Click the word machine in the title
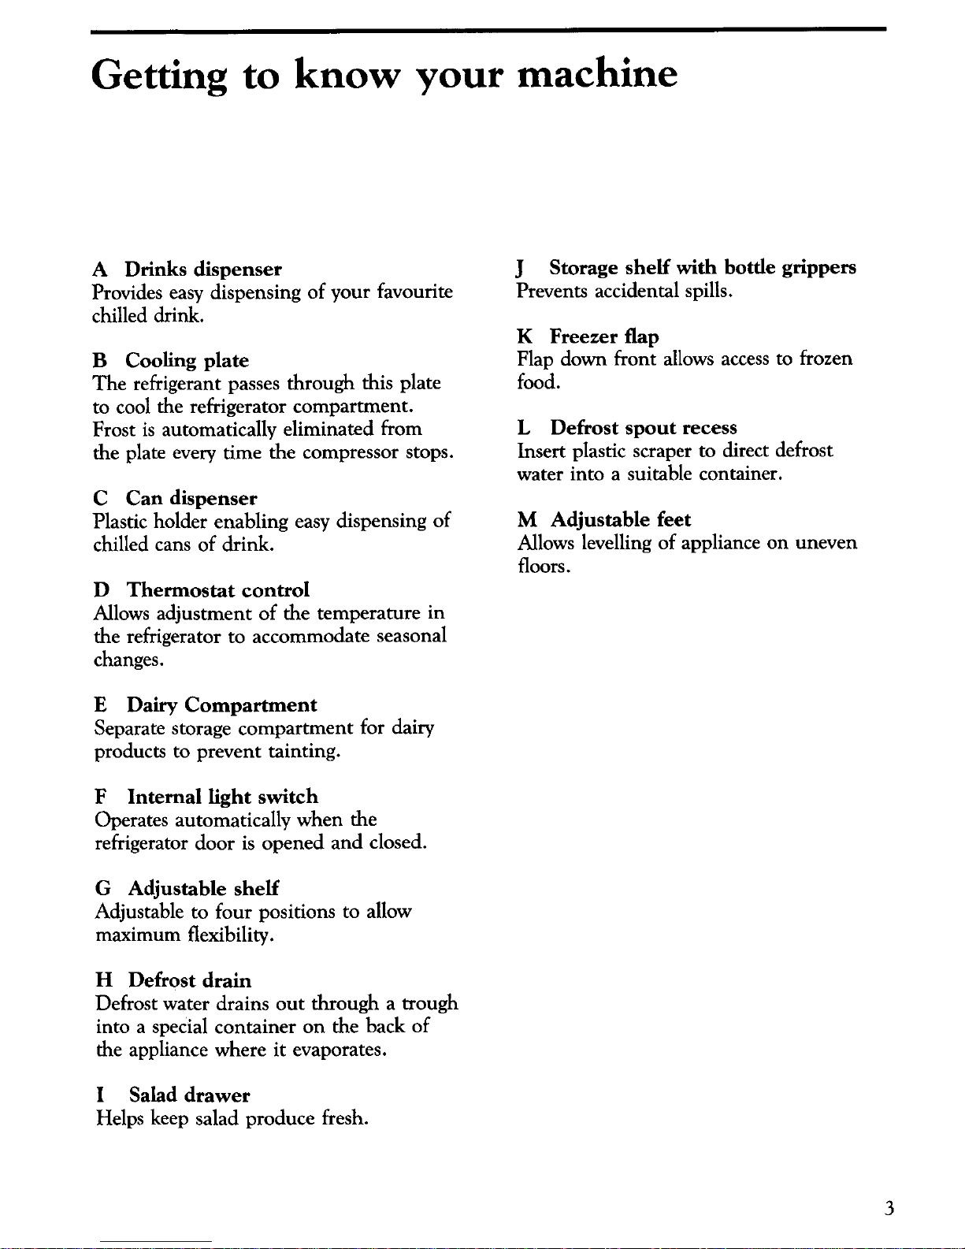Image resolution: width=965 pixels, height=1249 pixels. [596, 74]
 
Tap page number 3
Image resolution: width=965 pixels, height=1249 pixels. [889, 1208]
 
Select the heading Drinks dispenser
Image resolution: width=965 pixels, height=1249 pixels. [202, 270]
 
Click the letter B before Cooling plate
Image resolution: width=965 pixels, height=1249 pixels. [99, 361]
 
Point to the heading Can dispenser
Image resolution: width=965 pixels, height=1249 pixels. [191, 499]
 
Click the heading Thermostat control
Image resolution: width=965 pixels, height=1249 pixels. [218, 590]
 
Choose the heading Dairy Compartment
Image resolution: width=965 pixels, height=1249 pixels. [222, 705]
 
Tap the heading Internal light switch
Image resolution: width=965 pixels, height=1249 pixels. [222, 797]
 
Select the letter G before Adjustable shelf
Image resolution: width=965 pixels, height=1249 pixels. [103, 889]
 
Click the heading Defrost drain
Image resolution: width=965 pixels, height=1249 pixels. [190, 980]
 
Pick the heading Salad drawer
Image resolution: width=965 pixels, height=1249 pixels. [189, 1095]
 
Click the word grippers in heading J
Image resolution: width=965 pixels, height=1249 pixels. [818, 269]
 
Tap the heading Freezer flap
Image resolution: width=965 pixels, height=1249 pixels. [604, 337]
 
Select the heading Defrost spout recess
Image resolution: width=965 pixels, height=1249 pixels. [644, 428]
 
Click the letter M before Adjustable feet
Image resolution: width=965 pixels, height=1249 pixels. [527, 520]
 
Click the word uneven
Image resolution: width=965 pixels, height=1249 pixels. [826, 543]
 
